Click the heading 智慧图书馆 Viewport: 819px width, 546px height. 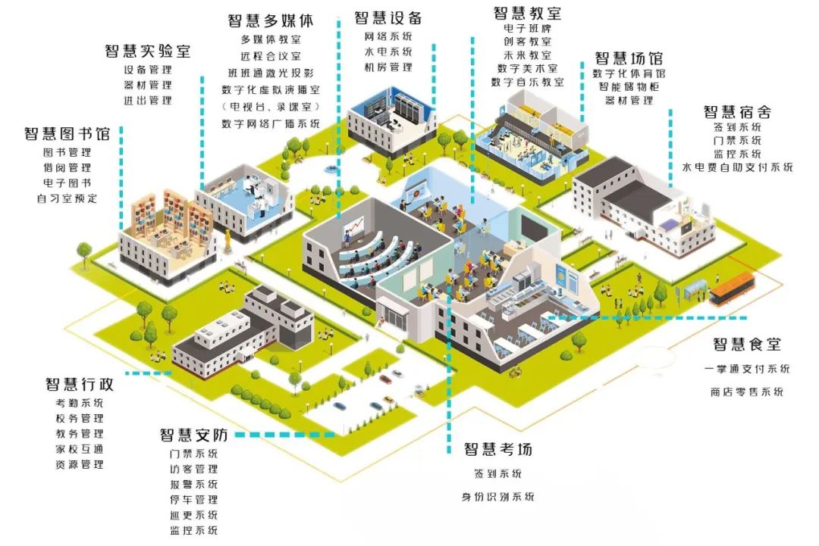coord(67,134)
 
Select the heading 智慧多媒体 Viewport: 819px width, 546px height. coord(270,20)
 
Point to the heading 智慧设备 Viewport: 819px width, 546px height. coord(388,18)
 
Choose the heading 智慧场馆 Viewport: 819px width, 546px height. coord(629,58)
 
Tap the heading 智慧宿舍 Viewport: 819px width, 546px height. coord(737,111)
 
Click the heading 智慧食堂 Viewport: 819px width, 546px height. coord(746,345)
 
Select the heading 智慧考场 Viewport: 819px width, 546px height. coord(497,449)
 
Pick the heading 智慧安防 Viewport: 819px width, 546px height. coord(193,435)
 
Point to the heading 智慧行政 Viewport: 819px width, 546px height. coord(79,384)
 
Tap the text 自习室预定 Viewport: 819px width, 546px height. coord(67,199)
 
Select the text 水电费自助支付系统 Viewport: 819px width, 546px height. coord(737,167)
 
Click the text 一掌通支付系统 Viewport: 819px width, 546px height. coord(746,370)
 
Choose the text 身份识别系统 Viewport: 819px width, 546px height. coord(497,497)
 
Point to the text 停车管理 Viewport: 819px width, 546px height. coord(193,500)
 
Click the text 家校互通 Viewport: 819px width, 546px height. coord(79,449)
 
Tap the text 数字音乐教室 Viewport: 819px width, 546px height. coord(527,82)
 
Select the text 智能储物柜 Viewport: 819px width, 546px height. coord(629,86)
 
